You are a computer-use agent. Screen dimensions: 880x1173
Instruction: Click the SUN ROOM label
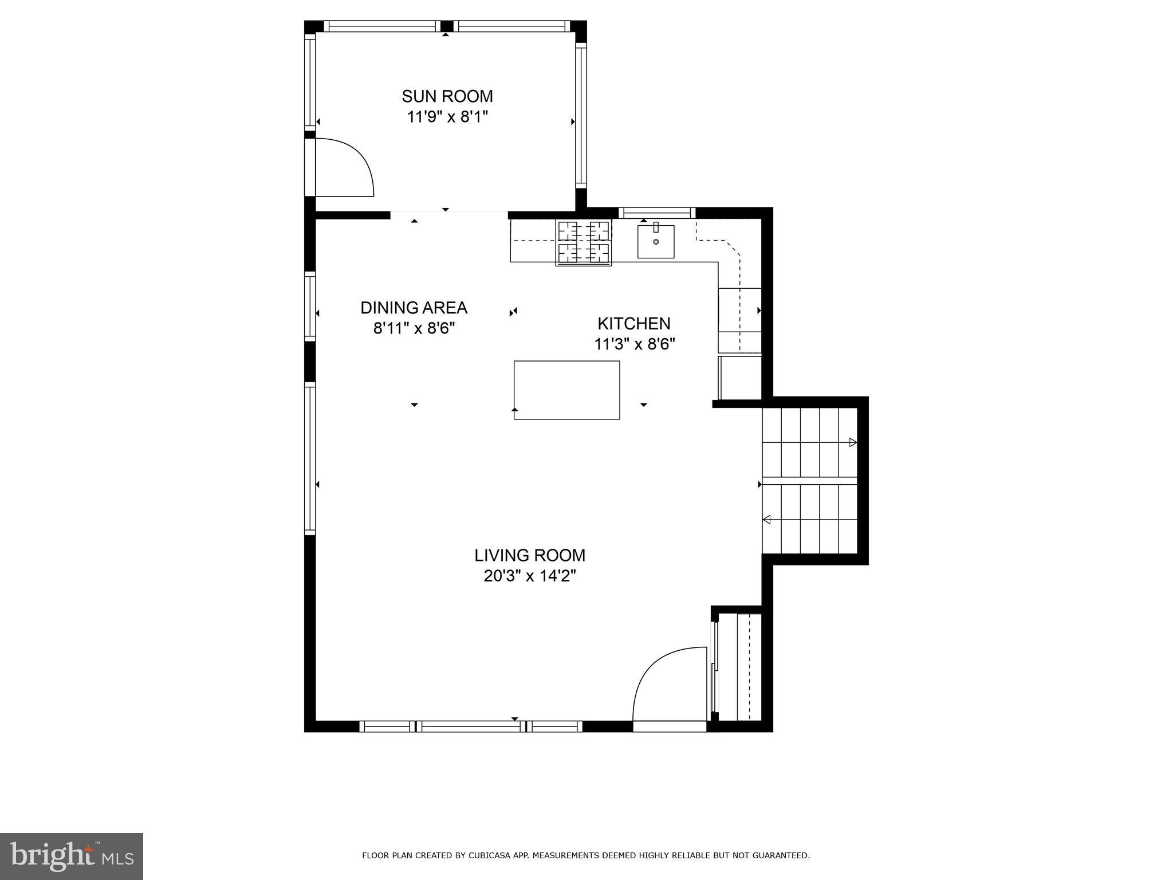[x=447, y=96]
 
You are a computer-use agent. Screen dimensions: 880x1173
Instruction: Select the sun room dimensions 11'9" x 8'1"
[x=447, y=117]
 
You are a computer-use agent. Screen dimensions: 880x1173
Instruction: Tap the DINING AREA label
[x=414, y=308]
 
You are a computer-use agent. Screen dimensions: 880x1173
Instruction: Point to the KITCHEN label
[x=633, y=324]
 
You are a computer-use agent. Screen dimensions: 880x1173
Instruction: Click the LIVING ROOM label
[x=529, y=555]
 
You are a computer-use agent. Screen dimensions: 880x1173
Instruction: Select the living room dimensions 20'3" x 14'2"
[x=529, y=576]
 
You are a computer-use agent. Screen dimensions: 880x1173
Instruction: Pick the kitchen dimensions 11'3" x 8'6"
[x=634, y=344]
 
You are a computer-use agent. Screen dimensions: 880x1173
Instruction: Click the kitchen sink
[x=655, y=242]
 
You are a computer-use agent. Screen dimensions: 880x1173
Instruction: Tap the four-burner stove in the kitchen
[x=583, y=243]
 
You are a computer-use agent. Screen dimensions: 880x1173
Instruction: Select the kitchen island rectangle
[x=566, y=390]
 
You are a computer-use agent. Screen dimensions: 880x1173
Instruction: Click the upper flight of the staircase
[x=809, y=442]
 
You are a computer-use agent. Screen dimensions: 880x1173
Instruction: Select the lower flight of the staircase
[x=809, y=519]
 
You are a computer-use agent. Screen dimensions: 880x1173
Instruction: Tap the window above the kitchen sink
[x=656, y=213]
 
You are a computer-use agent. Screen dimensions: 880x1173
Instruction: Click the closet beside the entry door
[x=739, y=667]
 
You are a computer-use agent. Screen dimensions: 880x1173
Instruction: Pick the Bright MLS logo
[x=71, y=857]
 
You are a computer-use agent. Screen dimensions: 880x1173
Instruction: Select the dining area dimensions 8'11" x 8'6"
[x=414, y=329]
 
